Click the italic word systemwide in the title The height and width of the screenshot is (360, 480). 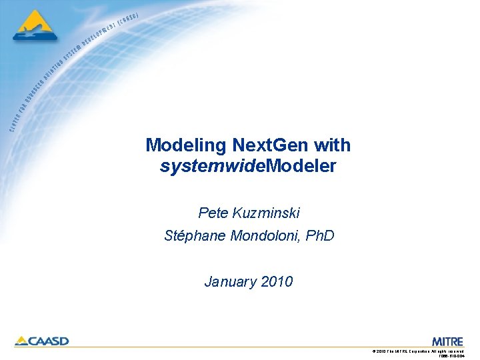[212, 166]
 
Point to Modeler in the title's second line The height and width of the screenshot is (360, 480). [301, 166]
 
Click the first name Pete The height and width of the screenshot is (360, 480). [213, 213]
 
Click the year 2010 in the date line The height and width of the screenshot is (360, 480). [277, 282]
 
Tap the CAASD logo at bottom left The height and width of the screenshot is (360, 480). [41, 341]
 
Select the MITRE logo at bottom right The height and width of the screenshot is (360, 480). [447, 341]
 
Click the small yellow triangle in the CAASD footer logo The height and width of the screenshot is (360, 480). [21, 341]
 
